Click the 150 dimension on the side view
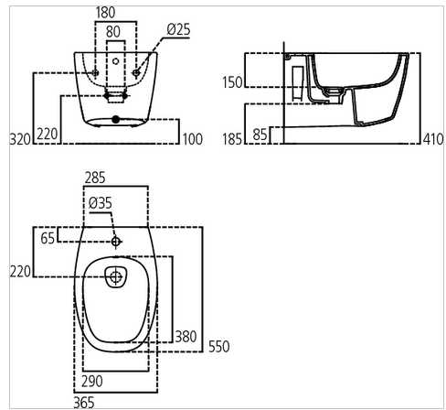click(x=232, y=82)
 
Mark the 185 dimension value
click(x=232, y=138)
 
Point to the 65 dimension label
click(x=48, y=237)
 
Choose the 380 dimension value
click(x=186, y=337)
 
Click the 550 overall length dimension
click(x=218, y=346)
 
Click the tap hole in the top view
click(x=115, y=242)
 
